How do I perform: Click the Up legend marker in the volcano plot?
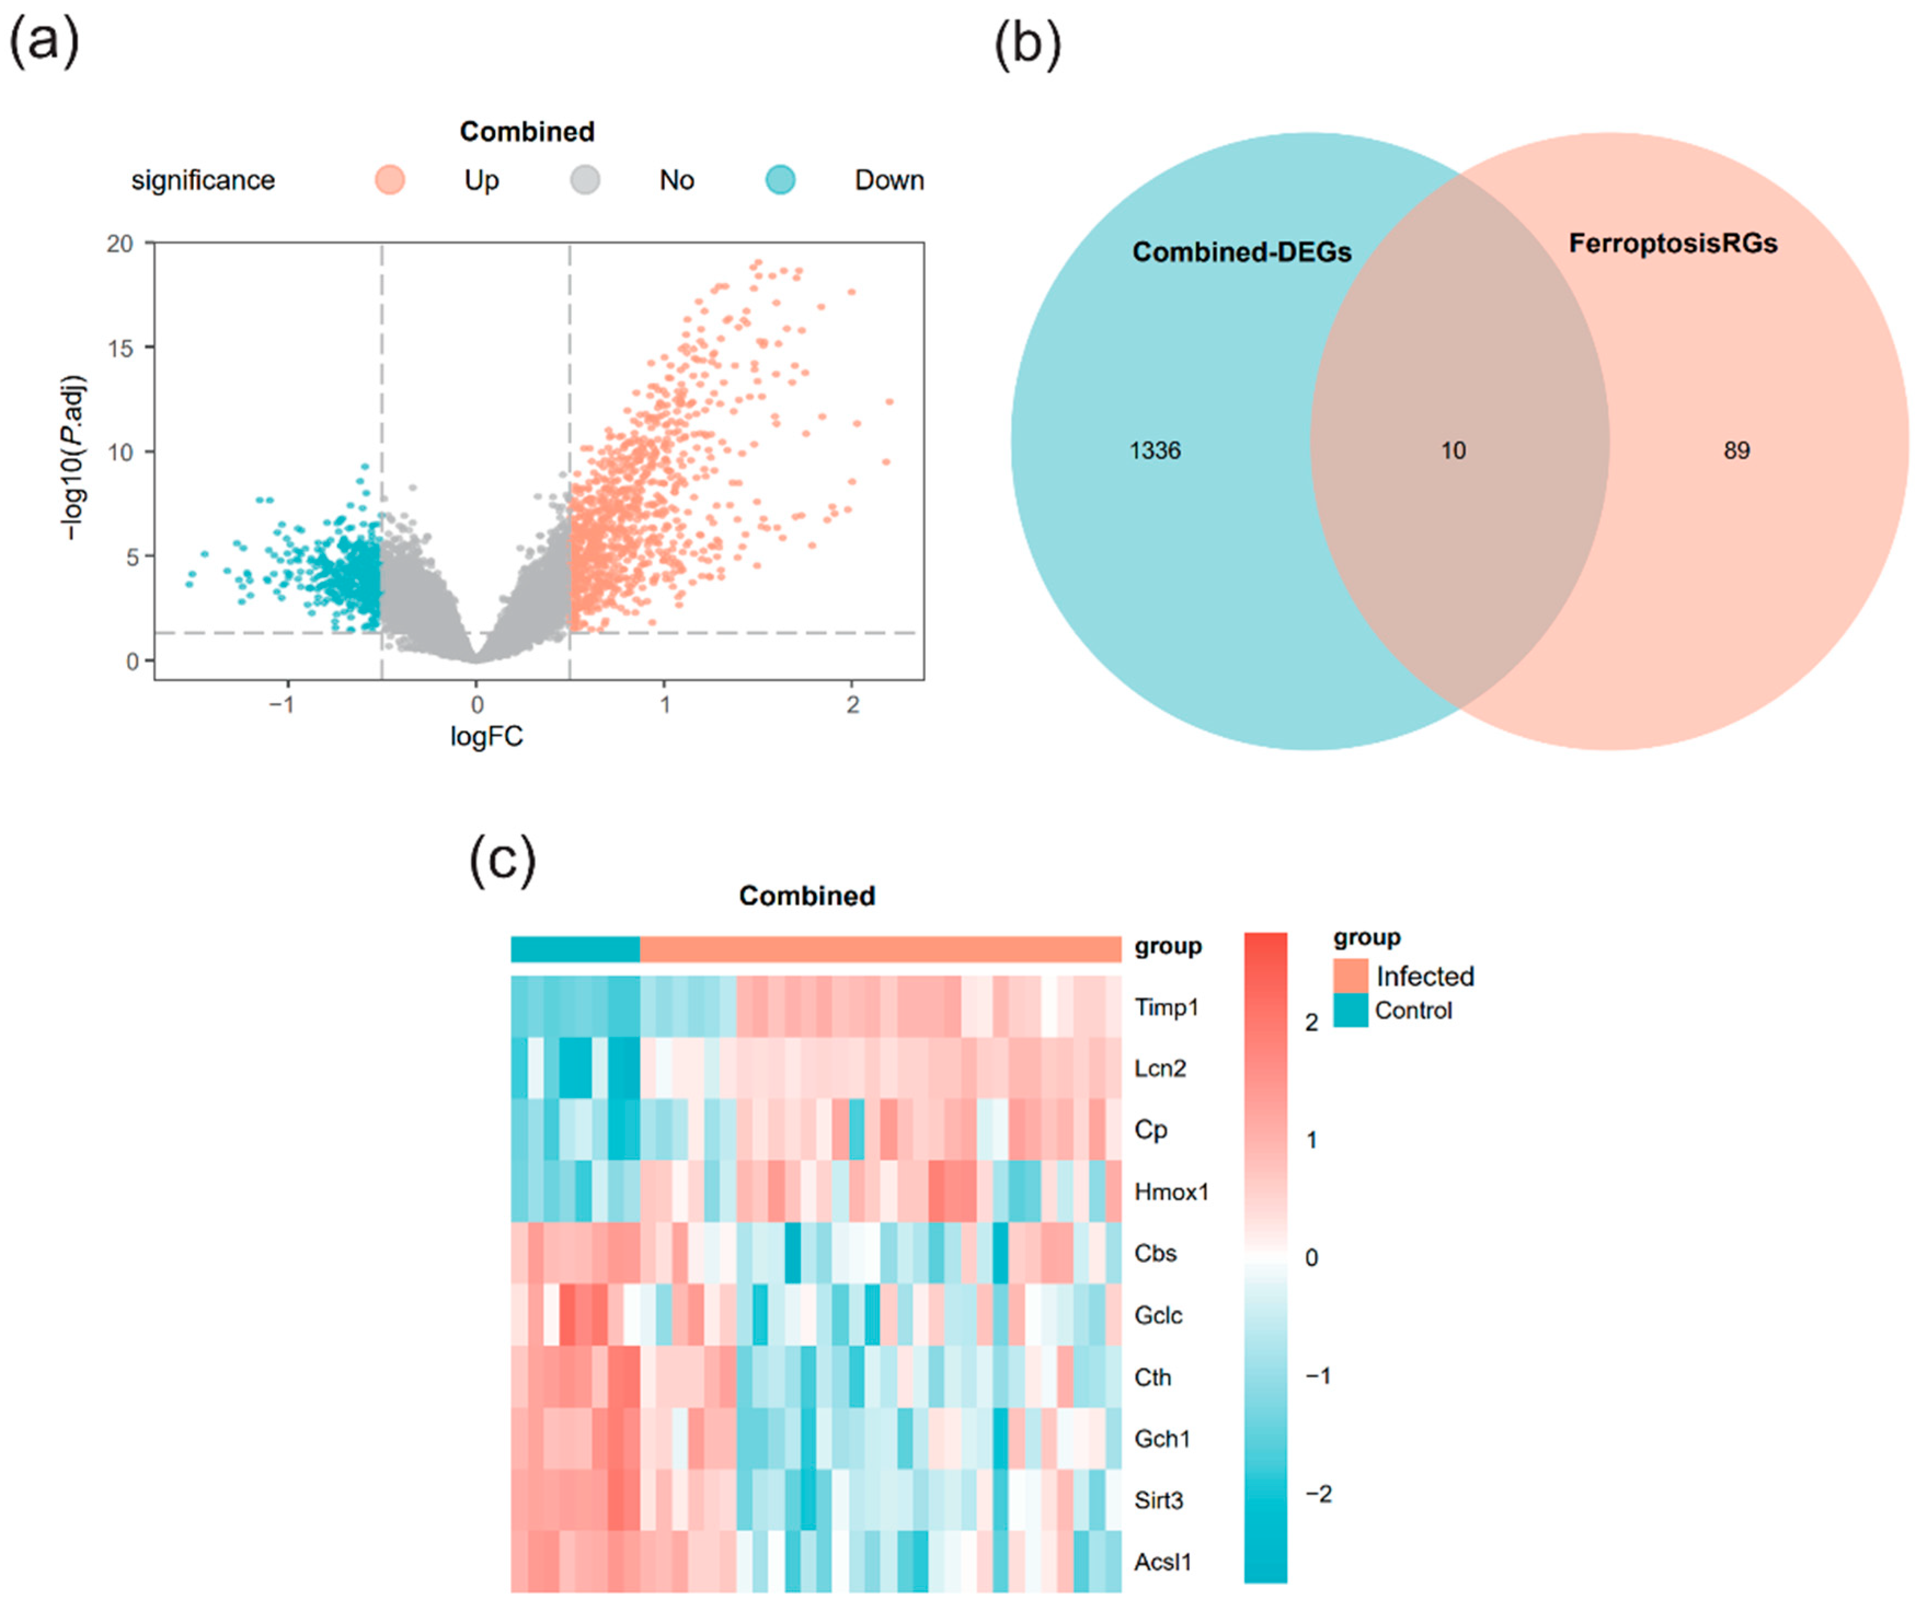390,180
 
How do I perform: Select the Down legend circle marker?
779,180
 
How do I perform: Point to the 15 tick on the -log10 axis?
120,348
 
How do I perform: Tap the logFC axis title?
486,736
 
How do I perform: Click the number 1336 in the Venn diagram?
1155,451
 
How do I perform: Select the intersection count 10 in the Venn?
1453,451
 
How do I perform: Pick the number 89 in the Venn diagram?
1736,451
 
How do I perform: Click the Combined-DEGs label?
1241,252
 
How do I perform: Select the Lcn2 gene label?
1159,1068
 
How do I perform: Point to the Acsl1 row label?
1162,1562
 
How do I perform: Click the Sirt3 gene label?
1159,1500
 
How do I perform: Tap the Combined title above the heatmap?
807,895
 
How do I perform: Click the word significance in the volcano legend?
203,180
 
